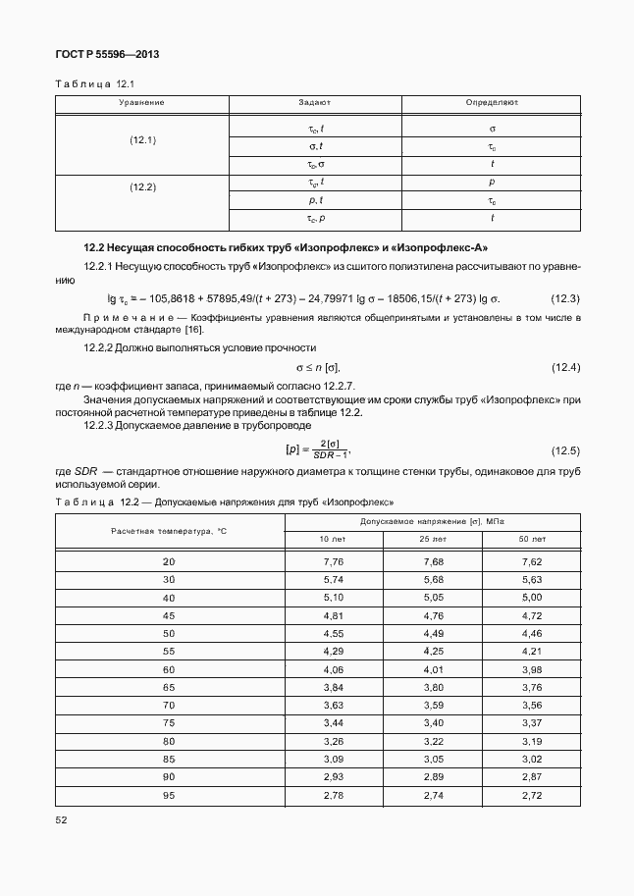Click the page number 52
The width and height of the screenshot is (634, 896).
click(61, 817)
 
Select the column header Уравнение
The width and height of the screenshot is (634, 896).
click(141, 102)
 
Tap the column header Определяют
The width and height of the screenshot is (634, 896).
click(492, 102)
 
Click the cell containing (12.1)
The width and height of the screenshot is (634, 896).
click(143, 140)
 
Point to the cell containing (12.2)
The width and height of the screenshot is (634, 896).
click(143, 186)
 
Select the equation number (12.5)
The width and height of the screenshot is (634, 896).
click(565, 450)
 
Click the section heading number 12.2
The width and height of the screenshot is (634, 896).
click(96, 247)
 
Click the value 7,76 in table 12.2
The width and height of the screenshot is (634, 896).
click(332, 561)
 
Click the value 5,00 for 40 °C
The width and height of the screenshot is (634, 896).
click(531, 598)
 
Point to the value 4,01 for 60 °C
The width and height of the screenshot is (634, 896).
click(432, 668)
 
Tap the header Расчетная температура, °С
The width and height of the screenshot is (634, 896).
click(169, 531)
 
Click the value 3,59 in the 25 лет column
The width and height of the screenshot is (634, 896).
click(432, 705)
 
